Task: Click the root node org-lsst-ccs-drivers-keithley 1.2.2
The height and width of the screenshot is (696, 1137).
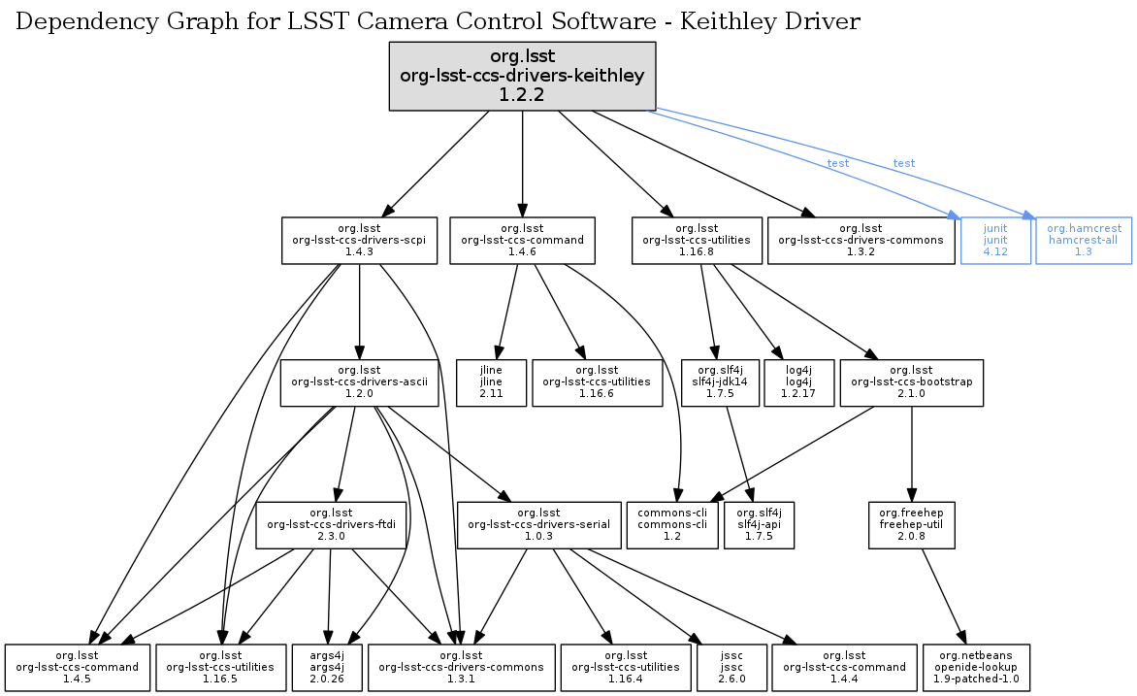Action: point(523,75)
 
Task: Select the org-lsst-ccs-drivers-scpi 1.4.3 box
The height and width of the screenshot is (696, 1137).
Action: point(360,240)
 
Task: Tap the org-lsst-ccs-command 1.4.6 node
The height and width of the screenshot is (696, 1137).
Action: point(522,240)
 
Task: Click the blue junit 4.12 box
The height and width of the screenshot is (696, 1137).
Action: point(994,240)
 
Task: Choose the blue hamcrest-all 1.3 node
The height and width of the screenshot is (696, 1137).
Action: point(1084,240)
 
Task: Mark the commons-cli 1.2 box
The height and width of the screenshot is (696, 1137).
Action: point(672,525)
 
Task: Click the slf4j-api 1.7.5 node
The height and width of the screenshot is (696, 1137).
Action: point(759,525)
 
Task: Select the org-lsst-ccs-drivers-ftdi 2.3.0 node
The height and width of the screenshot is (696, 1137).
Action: point(331,525)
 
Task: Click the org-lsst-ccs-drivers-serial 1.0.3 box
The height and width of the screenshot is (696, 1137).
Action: point(539,525)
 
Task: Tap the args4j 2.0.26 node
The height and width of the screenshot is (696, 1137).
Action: point(327,667)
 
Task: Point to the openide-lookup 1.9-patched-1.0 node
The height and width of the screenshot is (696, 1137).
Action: point(976,667)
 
